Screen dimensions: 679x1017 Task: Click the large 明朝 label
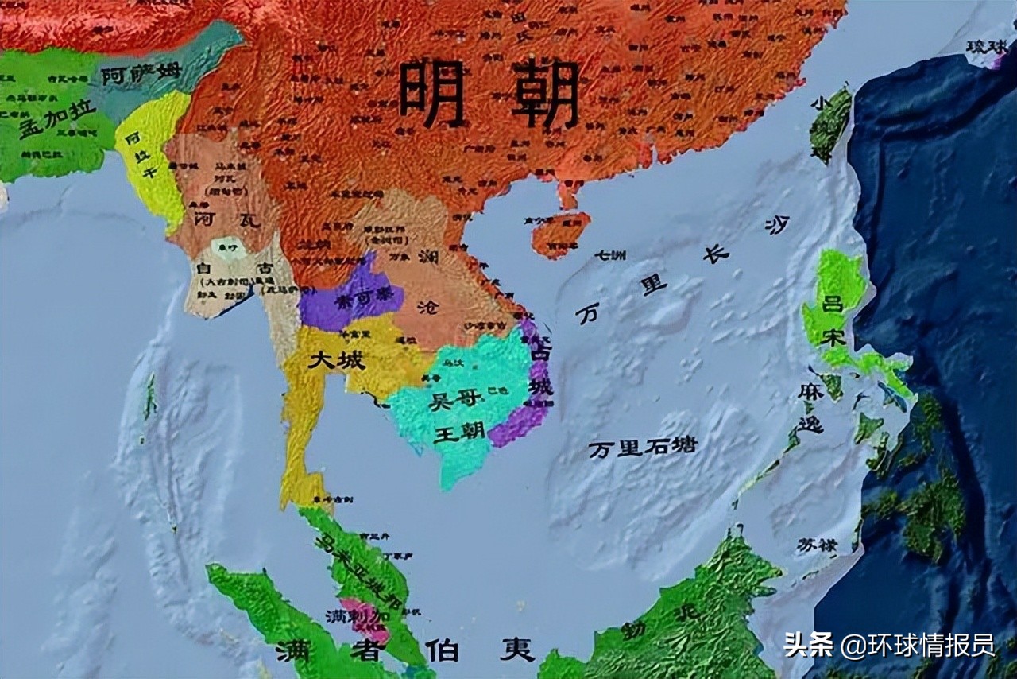[489, 93]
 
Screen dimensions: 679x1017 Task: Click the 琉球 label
[986, 47]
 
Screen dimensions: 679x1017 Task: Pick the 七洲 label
[610, 255]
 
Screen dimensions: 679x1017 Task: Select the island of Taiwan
[830, 123]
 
